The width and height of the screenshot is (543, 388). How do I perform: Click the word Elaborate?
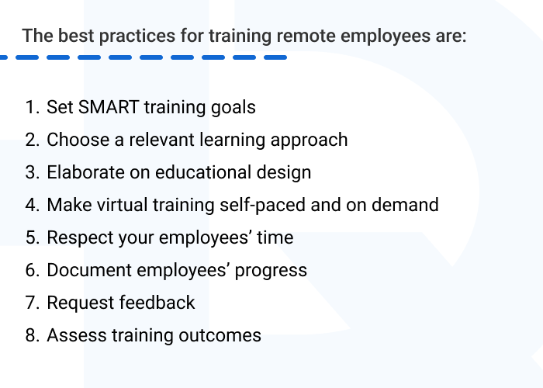coord(82,172)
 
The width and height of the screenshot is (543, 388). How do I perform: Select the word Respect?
coord(76,237)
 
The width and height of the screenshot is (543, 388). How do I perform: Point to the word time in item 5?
coord(275,237)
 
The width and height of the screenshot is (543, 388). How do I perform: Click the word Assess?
coord(71,335)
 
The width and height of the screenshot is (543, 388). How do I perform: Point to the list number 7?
coord(32,303)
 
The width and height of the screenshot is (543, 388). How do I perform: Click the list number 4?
coord(32,205)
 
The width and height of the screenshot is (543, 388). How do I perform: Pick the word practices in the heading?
coord(119,36)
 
